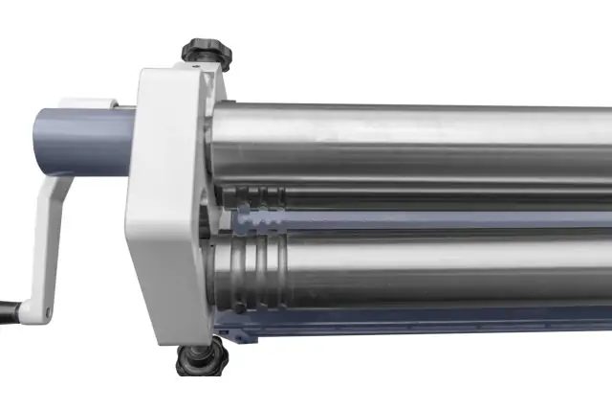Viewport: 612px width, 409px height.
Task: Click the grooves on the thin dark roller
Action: point(264,199)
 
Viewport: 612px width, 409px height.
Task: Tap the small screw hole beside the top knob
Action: point(196,68)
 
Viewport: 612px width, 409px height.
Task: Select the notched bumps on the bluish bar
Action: point(262,219)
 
